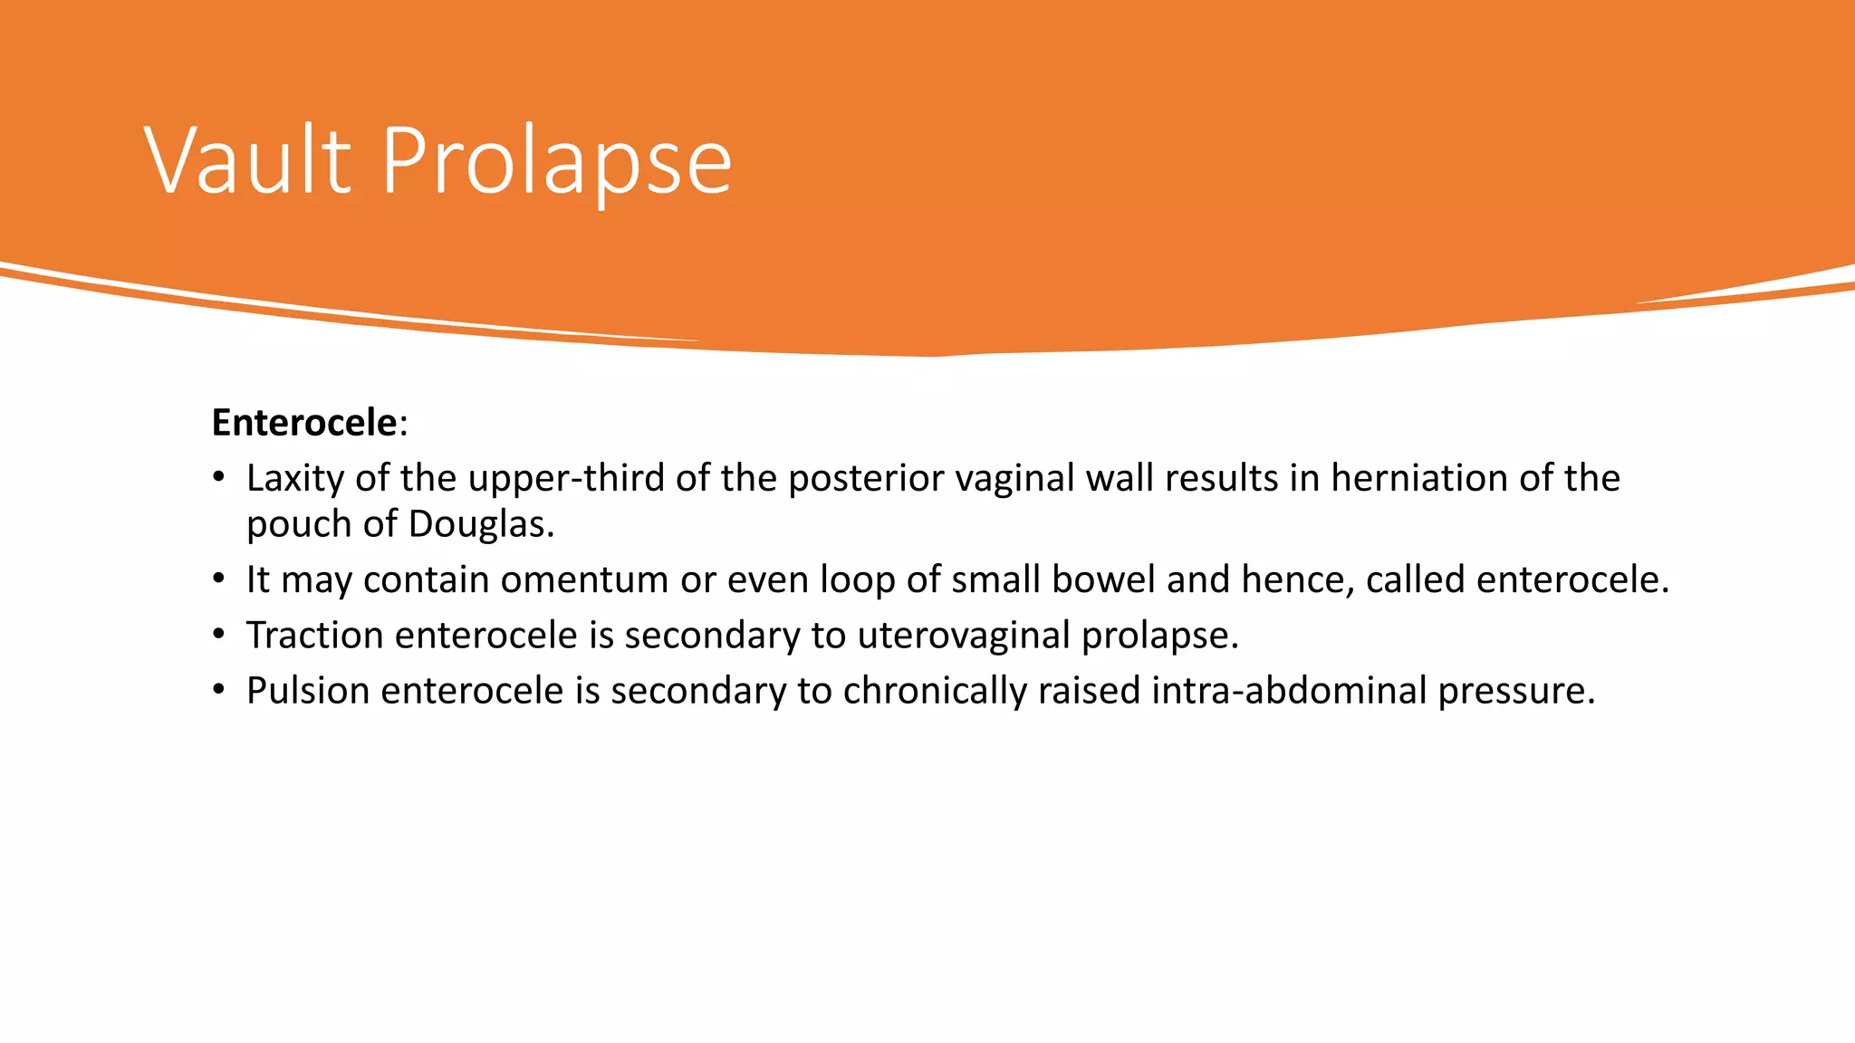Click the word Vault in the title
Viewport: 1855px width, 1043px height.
(247, 161)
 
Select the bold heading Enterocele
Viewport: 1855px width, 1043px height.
(304, 423)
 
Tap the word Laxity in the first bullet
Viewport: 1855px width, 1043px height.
(295, 479)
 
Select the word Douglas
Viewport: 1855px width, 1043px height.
(480, 525)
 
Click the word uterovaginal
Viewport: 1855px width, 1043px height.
(964, 636)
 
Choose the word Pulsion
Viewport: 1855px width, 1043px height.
(308, 691)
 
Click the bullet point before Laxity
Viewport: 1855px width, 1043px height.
(218, 478)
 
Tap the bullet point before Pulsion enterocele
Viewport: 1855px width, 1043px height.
(218, 691)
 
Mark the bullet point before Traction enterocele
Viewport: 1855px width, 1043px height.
(218, 636)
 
